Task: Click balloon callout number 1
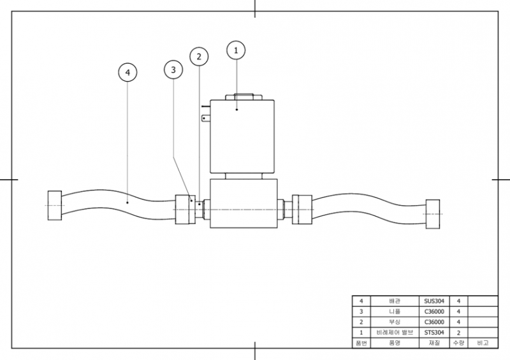tap(236, 50)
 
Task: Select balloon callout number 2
tap(199, 57)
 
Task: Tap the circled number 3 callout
tap(173, 69)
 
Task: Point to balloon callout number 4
tap(127, 72)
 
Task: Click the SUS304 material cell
tap(434, 301)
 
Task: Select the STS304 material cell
tap(434, 333)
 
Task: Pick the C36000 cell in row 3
tap(434, 312)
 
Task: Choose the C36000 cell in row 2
tap(434, 322)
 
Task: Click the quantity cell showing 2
tap(458, 333)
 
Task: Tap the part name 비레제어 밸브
tap(395, 333)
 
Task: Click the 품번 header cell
tap(361, 343)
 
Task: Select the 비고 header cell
tap(483, 343)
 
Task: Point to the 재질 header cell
tap(434, 343)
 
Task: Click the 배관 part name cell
tap(395, 301)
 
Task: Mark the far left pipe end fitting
tap(55, 206)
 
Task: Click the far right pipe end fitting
tap(433, 214)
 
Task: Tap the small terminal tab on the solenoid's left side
tap(205, 119)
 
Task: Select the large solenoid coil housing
tap(242, 136)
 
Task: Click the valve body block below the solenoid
tap(244, 203)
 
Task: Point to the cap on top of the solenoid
tap(244, 97)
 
